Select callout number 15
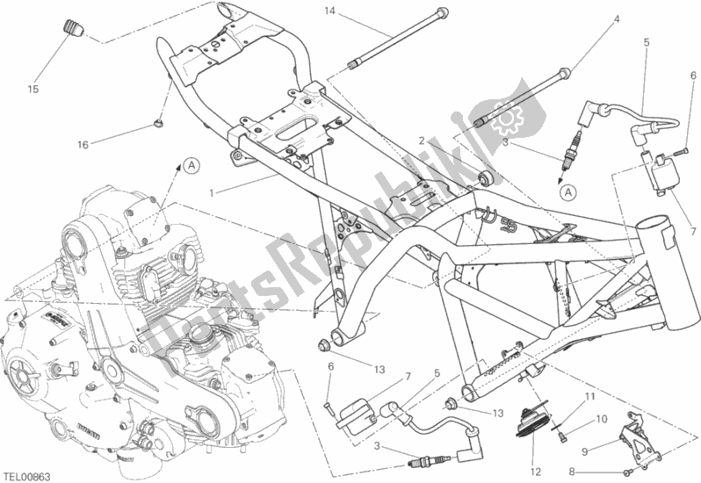tap(33, 89)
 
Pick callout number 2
tap(422, 141)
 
